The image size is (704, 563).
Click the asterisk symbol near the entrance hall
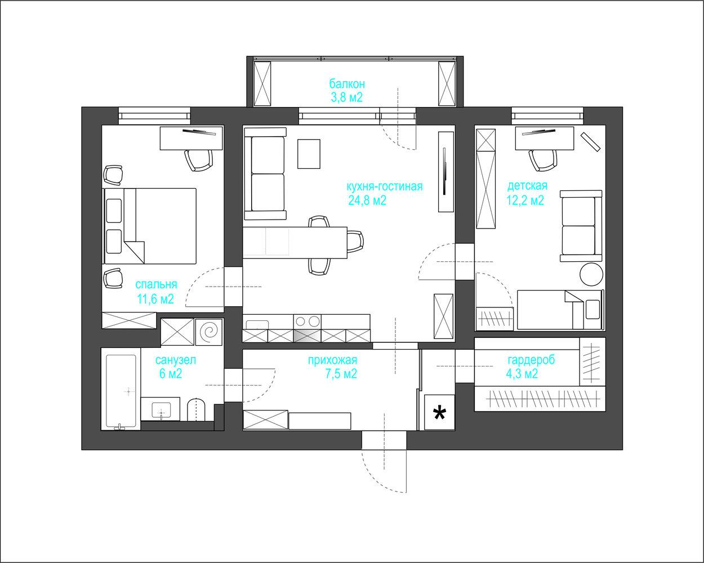(x=439, y=413)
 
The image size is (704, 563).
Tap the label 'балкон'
(x=347, y=84)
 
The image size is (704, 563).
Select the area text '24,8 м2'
(x=367, y=200)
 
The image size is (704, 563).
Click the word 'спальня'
(x=156, y=285)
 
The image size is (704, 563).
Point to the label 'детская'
(x=527, y=186)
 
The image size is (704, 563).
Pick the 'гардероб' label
(x=531, y=360)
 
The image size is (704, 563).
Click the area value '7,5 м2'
(x=341, y=374)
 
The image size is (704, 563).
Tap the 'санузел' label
(x=176, y=360)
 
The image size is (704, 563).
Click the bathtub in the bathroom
(x=121, y=388)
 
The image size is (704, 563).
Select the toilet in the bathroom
(x=195, y=409)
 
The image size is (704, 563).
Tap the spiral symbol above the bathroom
(x=209, y=332)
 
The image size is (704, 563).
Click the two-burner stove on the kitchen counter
(x=307, y=322)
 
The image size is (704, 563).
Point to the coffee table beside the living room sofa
(x=309, y=154)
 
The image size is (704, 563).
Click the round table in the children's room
(x=591, y=275)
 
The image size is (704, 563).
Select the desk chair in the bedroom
(x=199, y=160)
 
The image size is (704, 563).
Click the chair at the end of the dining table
(x=355, y=242)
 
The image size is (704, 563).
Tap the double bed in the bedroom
(x=150, y=226)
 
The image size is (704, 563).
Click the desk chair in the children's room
(x=543, y=160)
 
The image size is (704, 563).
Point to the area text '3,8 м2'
(x=347, y=97)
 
